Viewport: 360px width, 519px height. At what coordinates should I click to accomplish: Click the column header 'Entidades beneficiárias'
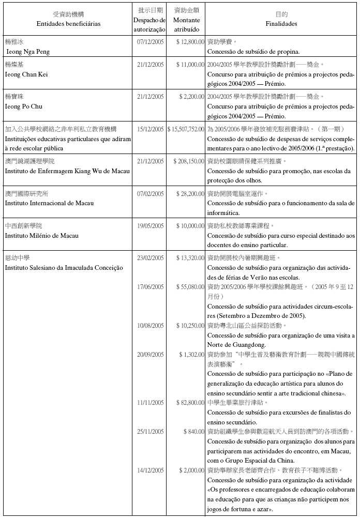point(69,24)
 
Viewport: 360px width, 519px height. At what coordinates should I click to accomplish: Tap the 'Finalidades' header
point(281,24)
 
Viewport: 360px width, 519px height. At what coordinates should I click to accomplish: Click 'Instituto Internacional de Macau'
point(50,203)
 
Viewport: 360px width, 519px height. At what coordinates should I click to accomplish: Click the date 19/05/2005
point(151,226)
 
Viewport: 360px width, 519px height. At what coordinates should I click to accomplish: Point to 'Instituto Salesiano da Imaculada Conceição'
point(64,268)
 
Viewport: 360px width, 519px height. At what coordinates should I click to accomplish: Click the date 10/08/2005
point(151,326)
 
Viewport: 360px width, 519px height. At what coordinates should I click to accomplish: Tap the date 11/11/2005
point(151,402)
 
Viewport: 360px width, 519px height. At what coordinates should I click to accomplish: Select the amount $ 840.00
point(194,431)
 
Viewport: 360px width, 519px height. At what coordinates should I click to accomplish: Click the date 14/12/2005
point(151,470)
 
